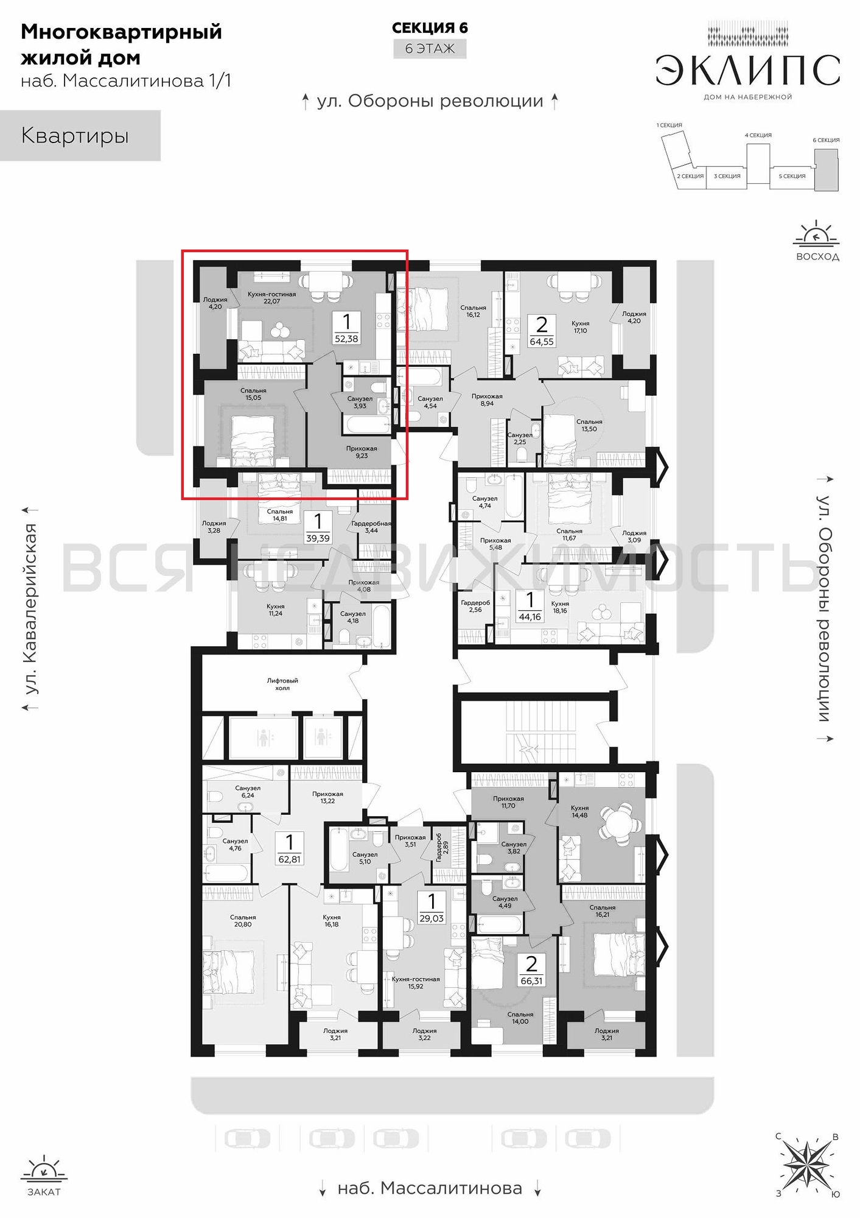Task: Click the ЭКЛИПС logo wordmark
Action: (748, 70)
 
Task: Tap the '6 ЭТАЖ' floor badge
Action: (430, 49)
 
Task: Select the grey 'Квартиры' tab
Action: (80, 135)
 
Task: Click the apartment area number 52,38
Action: (346, 339)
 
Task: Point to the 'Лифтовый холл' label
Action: (282, 684)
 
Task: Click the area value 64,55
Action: (542, 342)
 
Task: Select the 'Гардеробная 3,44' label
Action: (371, 527)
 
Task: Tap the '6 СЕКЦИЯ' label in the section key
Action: (826, 140)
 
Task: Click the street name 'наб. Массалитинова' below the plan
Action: (430, 1188)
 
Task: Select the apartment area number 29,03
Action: (432, 918)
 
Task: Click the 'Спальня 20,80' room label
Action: (243, 921)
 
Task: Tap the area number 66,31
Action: (531, 981)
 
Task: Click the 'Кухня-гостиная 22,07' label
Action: (271, 297)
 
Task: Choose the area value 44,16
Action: (530, 616)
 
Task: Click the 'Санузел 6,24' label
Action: (248, 792)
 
